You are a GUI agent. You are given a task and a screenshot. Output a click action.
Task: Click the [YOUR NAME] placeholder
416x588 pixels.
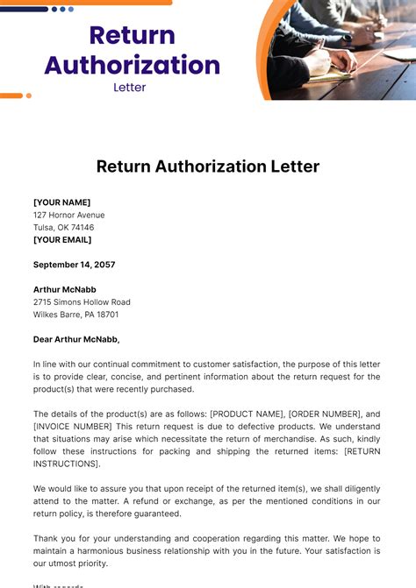pos(61,202)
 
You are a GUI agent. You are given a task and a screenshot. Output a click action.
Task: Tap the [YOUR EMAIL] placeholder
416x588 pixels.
pos(62,239)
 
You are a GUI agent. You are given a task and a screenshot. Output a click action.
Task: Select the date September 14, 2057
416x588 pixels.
pos(74,265)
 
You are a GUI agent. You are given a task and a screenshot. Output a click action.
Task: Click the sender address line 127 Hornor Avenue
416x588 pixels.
pos(68,215)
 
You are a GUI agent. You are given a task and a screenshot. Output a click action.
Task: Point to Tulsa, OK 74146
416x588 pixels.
pos(63,227)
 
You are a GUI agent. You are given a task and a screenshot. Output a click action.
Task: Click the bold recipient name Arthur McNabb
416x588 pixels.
pos(65,289)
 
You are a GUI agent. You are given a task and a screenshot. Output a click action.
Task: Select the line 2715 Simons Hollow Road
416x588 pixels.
pos(82,301)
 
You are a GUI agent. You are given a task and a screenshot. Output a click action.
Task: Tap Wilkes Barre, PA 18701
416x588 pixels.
pos(75,314)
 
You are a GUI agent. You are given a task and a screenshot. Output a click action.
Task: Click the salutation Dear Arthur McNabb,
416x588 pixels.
pos(76,339)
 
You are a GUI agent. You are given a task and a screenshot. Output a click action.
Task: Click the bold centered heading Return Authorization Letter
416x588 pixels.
pos(208,166)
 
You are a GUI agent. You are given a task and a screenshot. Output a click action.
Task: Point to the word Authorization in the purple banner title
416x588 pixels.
pos(132,65)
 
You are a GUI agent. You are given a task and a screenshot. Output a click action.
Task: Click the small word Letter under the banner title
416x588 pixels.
pos(130,87)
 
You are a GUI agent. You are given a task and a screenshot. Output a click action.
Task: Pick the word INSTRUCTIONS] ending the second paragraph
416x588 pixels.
pos(67,463)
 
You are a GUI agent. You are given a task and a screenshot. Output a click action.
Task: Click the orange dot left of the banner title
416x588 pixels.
pos(28,96)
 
